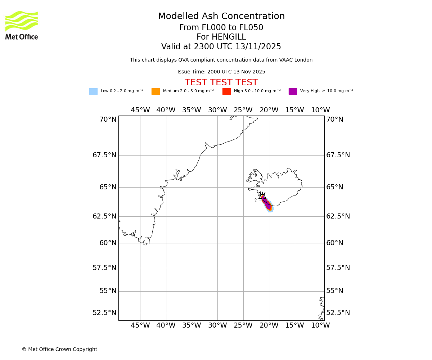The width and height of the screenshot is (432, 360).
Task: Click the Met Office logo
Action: tap(22, 25)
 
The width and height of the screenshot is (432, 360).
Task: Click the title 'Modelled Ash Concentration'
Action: tap(221, 17)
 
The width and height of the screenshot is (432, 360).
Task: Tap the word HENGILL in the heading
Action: tap(221, 37)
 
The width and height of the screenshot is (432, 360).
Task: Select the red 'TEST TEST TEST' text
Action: tap(221, 83)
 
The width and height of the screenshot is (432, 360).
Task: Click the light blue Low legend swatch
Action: tap(93, 91)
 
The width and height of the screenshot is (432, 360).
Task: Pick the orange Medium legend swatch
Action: tap(156, 91)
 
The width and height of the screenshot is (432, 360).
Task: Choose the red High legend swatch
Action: tap(226, 91)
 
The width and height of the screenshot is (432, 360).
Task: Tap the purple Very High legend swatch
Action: tap(293, 91)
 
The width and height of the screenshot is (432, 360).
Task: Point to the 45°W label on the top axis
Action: tap(140, 110)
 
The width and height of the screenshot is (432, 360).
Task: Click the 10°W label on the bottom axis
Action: tap(320, 325)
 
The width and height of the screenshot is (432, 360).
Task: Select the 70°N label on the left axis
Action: tap(108, 120)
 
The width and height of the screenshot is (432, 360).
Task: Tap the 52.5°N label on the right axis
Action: tap(338, 313)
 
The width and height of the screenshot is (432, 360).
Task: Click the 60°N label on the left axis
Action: tap(108, 243)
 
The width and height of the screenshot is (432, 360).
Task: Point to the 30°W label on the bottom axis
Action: tap(217, 325)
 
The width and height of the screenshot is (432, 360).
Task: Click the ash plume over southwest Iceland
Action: tap(267, 204)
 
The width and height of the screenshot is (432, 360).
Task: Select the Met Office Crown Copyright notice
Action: tap(59, 350)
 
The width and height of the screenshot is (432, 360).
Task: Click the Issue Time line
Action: tap(221, 72)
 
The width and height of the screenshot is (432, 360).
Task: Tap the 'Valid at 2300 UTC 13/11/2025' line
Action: tap(221, 47)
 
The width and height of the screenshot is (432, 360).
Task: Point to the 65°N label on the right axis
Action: tap(335, 187)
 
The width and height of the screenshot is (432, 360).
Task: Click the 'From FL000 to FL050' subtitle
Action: tap(221, 28)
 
